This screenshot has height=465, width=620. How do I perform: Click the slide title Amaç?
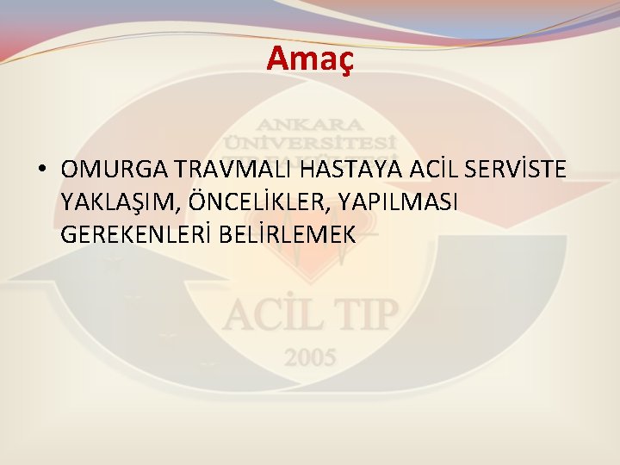pos(310,58)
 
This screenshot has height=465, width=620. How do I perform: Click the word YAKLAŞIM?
pos(119,202)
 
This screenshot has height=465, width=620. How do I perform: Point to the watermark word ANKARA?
pos(310,122)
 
